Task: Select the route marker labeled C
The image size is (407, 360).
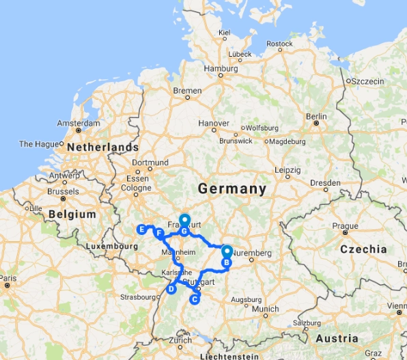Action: pyautogui.click(x=195, y=298)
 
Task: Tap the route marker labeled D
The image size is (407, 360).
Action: pyautogui.click(x=171, y=289)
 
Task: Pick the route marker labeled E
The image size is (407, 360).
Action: pyautogui.click(x=141, y=229)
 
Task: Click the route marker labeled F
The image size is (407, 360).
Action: pyautogui.click(x=159, y=234)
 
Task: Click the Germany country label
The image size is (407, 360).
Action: pyautogui.click(x=231, y=189)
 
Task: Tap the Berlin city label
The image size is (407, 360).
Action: pyautogui.click(x=317, y=117)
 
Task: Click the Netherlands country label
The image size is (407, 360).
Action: pyautogui.click(x=106, y=148)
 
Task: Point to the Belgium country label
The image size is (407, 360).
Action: pyautogui.click(x=72, y=214)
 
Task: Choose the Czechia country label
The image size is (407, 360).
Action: pyautogui.click(x=364, y=249)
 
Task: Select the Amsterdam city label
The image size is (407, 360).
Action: pyautogui.click(x=79, y=123)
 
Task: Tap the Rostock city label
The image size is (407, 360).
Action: pyautogui.click(x=280, y=44)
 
